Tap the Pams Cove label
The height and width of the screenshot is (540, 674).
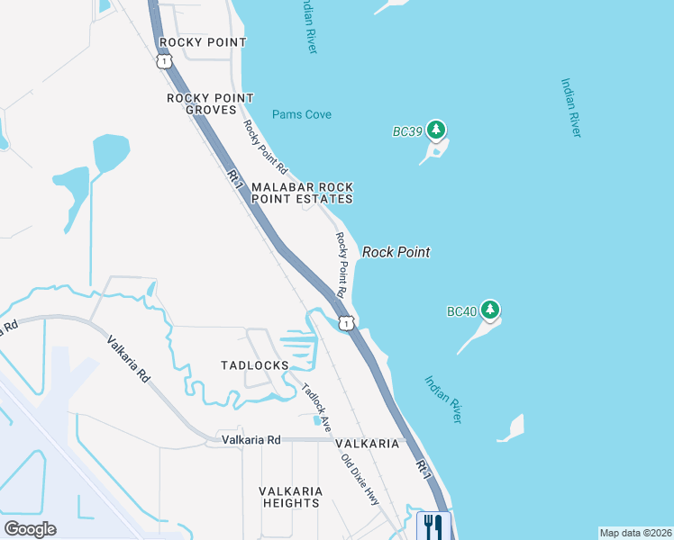coord(302,115)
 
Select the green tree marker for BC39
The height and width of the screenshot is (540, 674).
coord(437,130)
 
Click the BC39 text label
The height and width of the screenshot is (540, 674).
coord(407,131)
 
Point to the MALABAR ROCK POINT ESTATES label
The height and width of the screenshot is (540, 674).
coord(301,192)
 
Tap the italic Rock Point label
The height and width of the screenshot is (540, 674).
coord(396,253)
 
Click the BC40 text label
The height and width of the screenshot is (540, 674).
coord(461,312)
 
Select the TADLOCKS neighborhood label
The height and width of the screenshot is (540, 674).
coord(255,365)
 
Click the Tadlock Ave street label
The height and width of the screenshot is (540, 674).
coord(316,404)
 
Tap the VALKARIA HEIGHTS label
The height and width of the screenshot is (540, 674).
coord(290,497)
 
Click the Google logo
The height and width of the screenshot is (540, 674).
coord(30,528)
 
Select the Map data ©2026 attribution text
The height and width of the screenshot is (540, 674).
coord(634,533)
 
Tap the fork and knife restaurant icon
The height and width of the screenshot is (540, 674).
coord(433,525)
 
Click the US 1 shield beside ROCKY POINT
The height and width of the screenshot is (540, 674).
coord(163,60)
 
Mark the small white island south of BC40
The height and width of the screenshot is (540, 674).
coord(511,427)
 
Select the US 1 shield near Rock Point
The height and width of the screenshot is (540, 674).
coord(346,322)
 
